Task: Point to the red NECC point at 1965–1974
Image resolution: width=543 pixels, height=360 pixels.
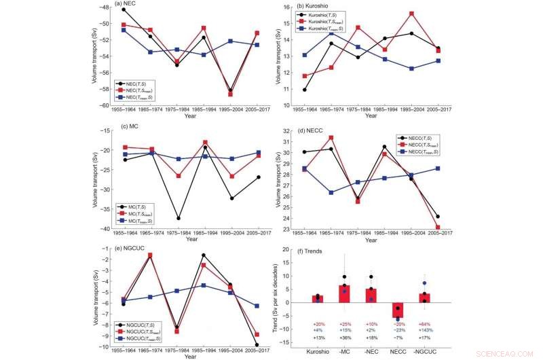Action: [x=332, y=137]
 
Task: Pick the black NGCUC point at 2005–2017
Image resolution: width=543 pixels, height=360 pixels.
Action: [x=238, y=344]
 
